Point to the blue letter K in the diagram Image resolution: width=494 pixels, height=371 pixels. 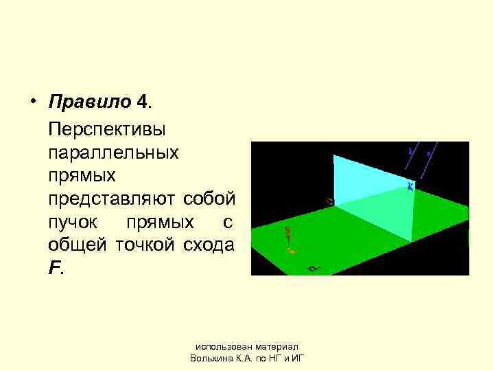coord(410,186)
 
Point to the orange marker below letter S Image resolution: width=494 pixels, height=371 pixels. coord(292,251)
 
